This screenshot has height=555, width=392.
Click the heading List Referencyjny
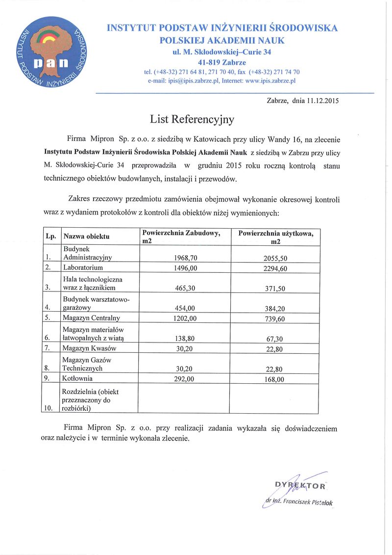tap(192, 119)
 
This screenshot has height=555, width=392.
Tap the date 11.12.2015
tap(323, 102)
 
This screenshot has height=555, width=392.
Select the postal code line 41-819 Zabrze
tap(222, 62)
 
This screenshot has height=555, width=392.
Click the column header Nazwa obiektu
tap(86, 237)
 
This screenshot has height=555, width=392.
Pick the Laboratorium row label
tap(83, 268)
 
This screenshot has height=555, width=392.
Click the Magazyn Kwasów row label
tap(90, 348)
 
